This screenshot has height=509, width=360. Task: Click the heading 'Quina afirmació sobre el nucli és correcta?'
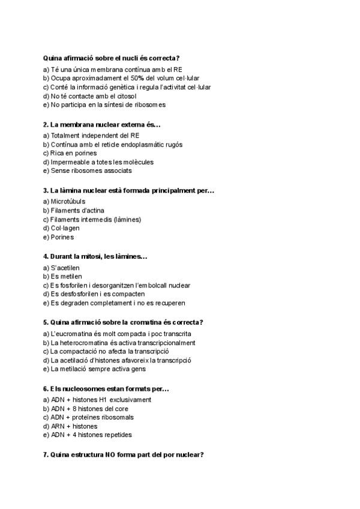coord(112,58)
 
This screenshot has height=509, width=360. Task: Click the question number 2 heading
coord(102,124)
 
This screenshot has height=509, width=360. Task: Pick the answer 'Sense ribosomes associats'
coord(88,170)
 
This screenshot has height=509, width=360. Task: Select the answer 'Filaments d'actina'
coord(74,211)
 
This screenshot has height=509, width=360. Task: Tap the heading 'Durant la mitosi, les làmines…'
coord(95,256)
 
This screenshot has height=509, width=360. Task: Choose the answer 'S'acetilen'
coord(65,268)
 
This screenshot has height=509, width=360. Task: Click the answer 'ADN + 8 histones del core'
coord(86,409)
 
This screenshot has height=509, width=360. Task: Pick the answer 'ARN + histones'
coord(70,426)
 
